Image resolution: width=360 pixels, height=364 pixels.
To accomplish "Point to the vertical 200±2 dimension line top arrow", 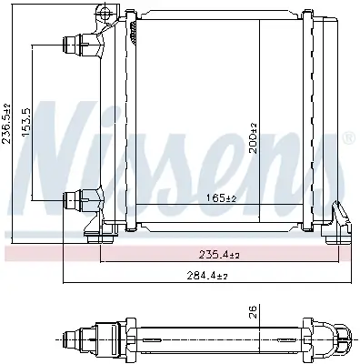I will (x=261, y=18).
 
